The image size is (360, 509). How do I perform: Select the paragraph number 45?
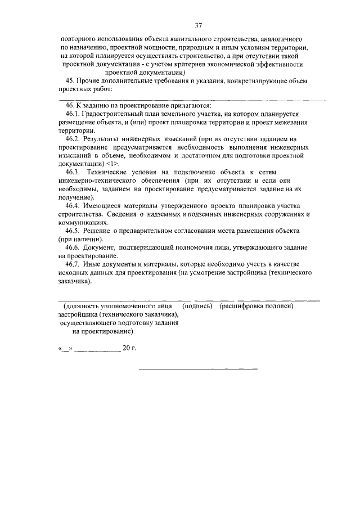[71, 81]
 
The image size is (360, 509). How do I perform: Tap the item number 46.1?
[74, 114]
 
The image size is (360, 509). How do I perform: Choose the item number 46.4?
[74, 206]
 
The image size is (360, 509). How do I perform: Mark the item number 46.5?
[74, 231]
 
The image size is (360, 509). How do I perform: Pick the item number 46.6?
[74, 247]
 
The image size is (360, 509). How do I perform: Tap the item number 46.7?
[74, 264]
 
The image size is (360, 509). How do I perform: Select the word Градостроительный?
[119, 114]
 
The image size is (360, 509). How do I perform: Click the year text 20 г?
[129, 348]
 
